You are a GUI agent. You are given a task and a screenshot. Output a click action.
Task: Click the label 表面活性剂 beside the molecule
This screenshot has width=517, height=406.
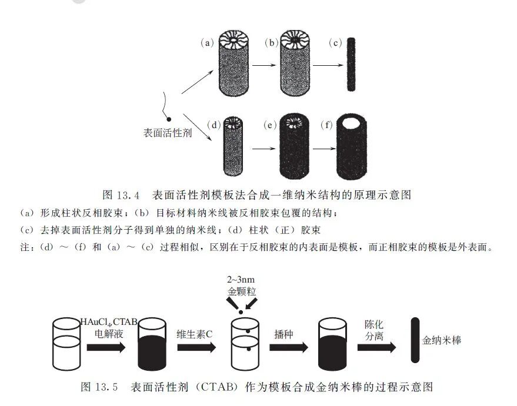point(168,133)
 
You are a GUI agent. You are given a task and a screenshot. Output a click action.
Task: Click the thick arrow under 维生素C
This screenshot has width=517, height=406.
point(198,347)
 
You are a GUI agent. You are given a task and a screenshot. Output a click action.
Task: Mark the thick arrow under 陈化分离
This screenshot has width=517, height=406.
point(377,347)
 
